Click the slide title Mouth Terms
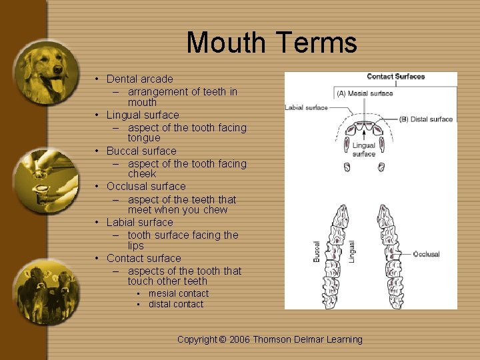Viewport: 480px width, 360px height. pyautogui.click(x=271, y=43)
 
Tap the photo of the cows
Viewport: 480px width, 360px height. pyautogui.click(x=46, y=291)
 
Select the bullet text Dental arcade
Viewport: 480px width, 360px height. pyautogui.click(x=139, y=79)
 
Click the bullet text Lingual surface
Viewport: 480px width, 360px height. pyautogui.click(x=143, y=115)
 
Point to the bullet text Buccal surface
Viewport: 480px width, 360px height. pyautogui.click(x=141, y=151)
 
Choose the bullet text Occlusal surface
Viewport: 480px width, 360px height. pyautogui.click(x=146, y=186)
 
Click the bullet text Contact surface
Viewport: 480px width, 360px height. pyautogui.click(x=143, y=258)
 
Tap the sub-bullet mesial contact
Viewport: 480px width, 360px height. pyautogui.click(x=178, y=293)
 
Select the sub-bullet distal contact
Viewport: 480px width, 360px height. pyautogui.click(x=176, y=304)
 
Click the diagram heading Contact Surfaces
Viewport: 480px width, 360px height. pyautogui.click(x=395, y=77)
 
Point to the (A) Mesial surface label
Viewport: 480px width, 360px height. pyautogui.click(x=365, y=93)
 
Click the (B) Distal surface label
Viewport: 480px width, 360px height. pyautogui.click(x=426, y=119)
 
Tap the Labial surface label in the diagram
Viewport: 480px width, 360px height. pyautogui.click(x=306, y=107)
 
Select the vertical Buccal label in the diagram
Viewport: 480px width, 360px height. pyautogui.click(x=317, y=251)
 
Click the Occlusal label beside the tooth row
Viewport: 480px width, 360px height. pyautogui.click(x=426, y=254)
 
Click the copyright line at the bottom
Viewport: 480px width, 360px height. pyautogui.click(x=269, y=339)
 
